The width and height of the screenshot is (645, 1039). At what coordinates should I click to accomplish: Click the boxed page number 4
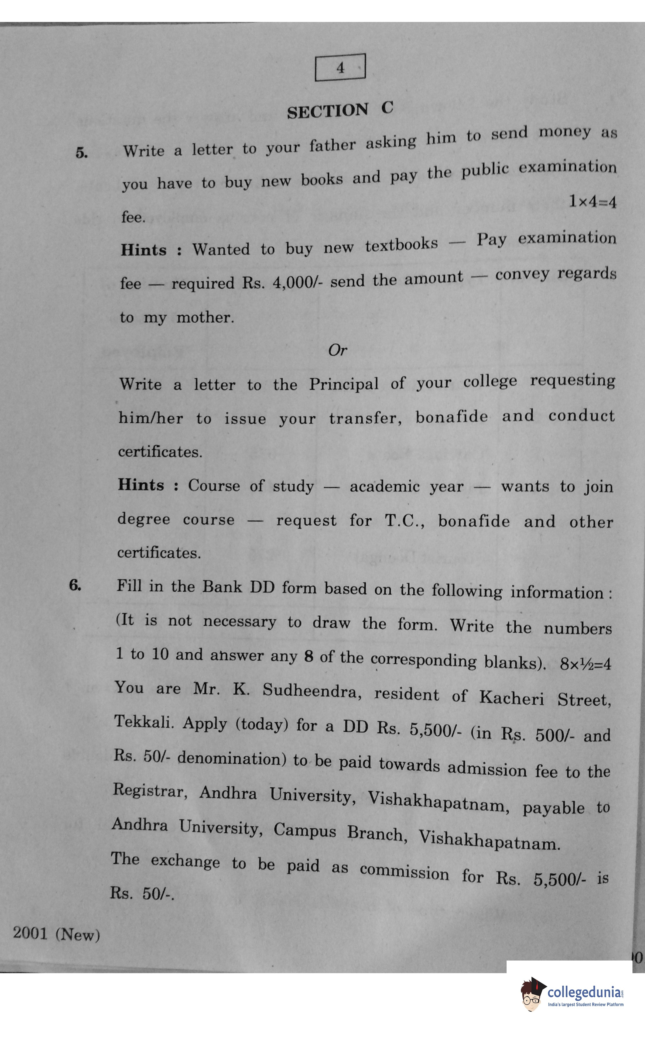[x=340, y=67]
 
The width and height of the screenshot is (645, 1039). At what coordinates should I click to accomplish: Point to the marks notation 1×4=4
[x=592, y=202]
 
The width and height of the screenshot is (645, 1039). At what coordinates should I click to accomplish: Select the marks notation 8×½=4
[x=585, y=664]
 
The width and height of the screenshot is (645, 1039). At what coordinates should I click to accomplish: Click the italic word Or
[x=337, y=350]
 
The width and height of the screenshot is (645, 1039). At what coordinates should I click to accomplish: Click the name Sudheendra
[x=312, y=690]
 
